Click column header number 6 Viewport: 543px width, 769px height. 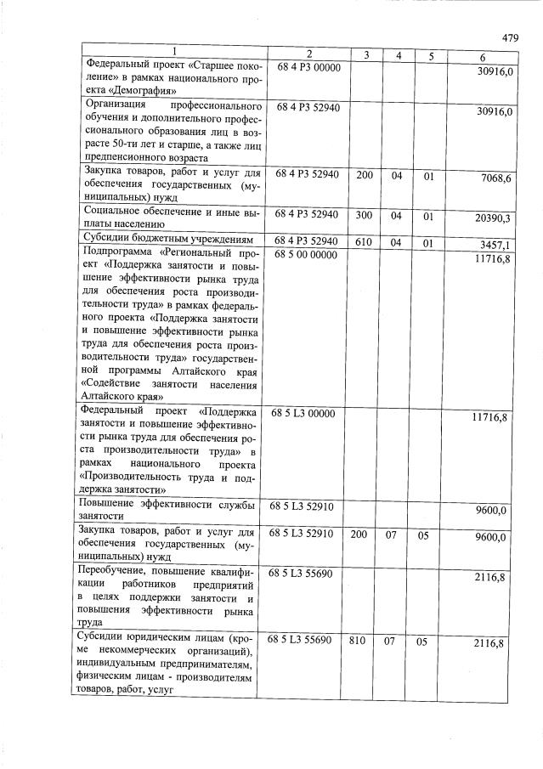click(x=483, y=57)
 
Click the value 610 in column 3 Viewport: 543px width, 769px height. click(x=364, y=241)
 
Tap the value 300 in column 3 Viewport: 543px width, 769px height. click(x=364, y=216)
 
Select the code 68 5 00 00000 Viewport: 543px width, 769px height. click(x=307, y=255)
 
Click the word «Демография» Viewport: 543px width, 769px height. click(x=131, y=89)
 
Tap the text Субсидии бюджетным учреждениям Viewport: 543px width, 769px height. click(x=167, y=240)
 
